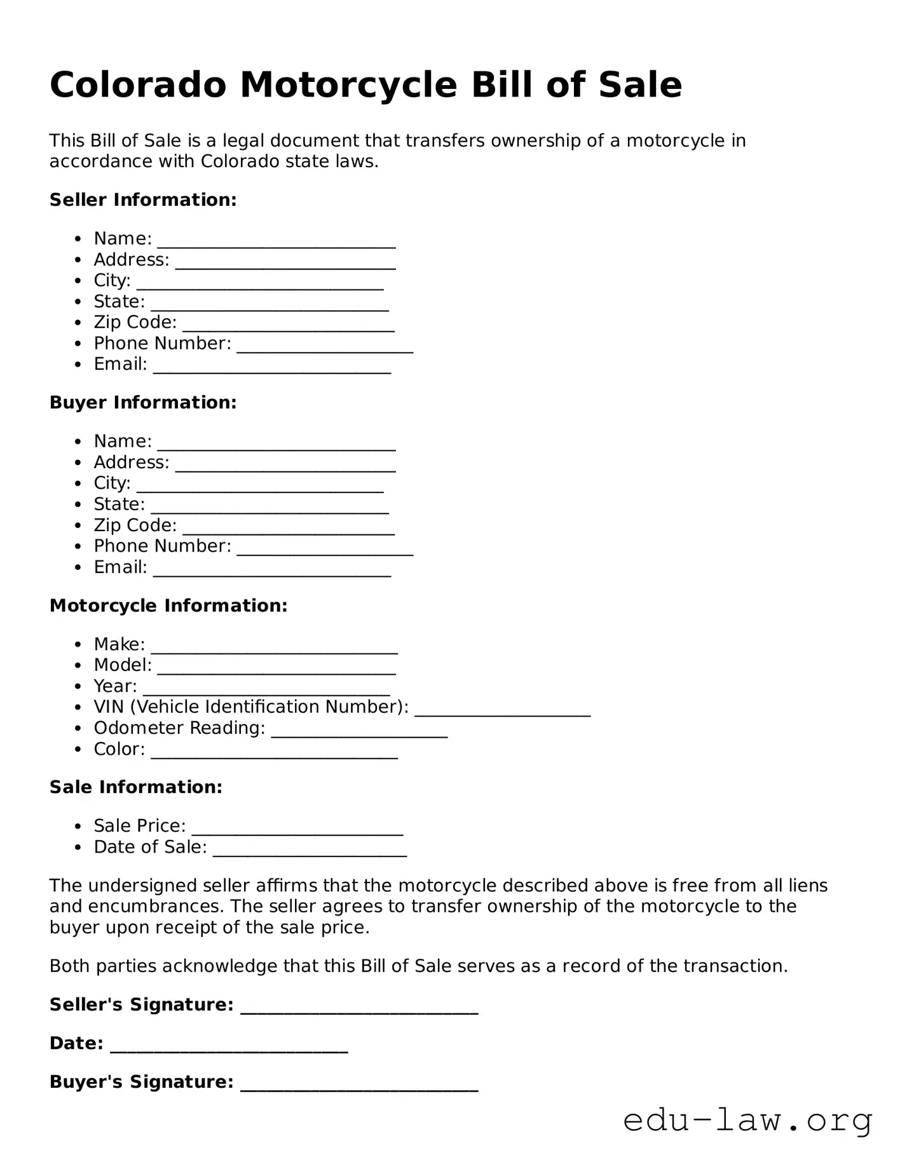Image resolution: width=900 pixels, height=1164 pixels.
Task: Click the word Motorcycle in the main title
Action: click(348, 85)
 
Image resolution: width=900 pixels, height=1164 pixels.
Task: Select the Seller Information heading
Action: click(143, 200)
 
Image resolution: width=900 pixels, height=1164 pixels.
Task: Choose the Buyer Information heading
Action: click(143, 402)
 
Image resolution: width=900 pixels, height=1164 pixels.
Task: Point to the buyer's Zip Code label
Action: click(135, 525)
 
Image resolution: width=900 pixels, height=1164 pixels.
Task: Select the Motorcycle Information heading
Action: click(168, 606)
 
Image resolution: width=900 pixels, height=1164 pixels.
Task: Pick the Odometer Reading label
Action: click(179, 727)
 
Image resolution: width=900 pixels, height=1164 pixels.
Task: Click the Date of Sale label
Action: click(150, 847)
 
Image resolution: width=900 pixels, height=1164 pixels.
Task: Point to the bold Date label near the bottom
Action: click(76, 1043)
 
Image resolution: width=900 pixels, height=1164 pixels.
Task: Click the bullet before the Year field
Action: click(78, 687)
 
